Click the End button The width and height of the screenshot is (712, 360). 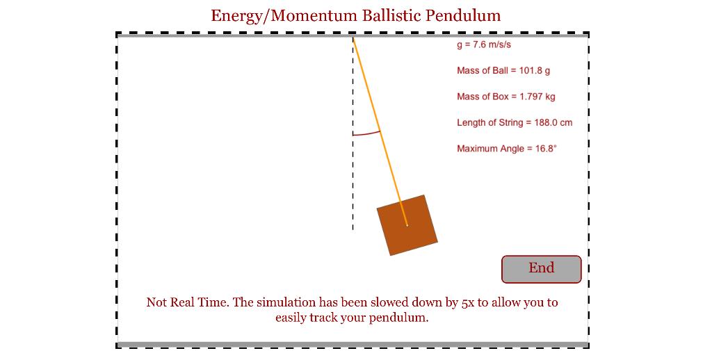[541, 269]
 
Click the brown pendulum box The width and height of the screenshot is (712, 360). [407, 225]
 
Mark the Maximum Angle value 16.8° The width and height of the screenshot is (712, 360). [546, 149]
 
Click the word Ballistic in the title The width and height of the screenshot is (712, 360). [392, 16]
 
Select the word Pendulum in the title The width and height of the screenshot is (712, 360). [463, 16]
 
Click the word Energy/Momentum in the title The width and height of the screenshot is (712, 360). [284, 17]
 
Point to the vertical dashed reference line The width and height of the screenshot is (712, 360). [353, 134]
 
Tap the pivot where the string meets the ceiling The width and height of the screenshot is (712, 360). [353, 38]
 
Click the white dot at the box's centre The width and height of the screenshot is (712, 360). [407, 225]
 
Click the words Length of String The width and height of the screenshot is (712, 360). [489, 122]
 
